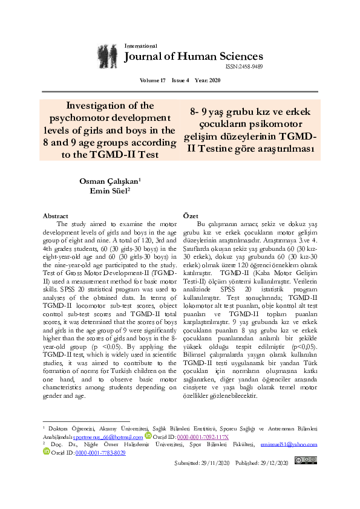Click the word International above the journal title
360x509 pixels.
(x=140, y=46)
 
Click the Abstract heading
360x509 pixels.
(x=56, y=216)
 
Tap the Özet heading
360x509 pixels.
(x=191, y=216)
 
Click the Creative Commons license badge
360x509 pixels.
(x=306, y=461)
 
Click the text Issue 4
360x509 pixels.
(x=180, y=80)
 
